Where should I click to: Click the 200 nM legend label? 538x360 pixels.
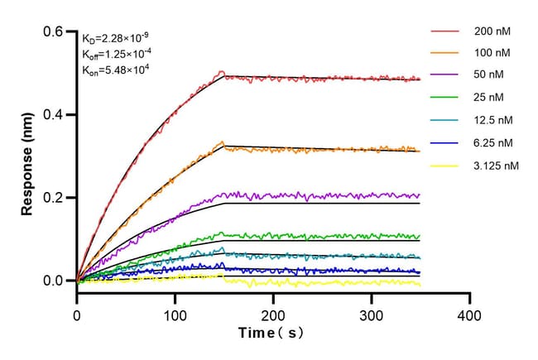click(x=492, y=31)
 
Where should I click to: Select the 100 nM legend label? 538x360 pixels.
click(x=492, y=53)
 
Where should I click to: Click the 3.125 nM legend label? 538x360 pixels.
click(x=497, y=166)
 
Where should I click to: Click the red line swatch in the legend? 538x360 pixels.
click(x=444, y=31)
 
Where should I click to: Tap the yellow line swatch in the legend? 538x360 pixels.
click(x=444, y=166)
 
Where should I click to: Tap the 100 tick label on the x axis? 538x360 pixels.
click(x=175, y=315)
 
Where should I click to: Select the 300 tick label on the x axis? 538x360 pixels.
click(x=372, y=315)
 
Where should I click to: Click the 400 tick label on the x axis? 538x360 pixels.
click(x=469, y=315)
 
